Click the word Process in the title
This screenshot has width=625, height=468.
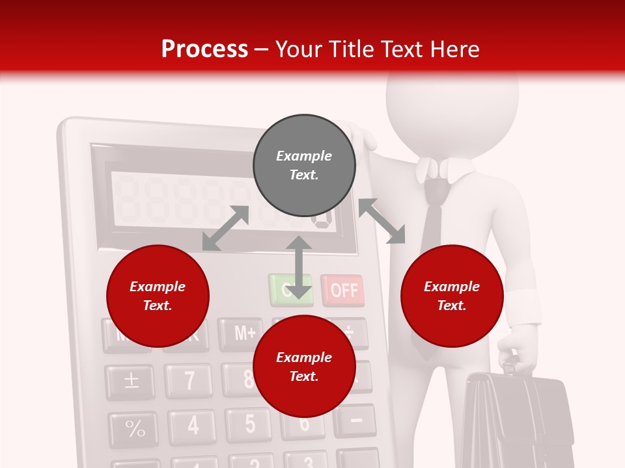204,49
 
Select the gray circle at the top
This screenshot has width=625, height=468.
304,166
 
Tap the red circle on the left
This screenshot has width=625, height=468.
158,296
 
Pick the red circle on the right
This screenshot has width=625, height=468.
452,296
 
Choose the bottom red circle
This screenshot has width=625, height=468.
304,367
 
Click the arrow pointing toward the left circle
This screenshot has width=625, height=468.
225,228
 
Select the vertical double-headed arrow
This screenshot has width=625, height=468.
299,267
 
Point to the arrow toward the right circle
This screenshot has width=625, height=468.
382,221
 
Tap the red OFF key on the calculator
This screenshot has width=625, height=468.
343,290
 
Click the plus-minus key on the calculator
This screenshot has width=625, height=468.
131,380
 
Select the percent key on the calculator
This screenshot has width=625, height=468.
135,429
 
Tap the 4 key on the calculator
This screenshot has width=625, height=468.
192,426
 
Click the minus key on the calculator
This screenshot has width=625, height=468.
356,420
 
